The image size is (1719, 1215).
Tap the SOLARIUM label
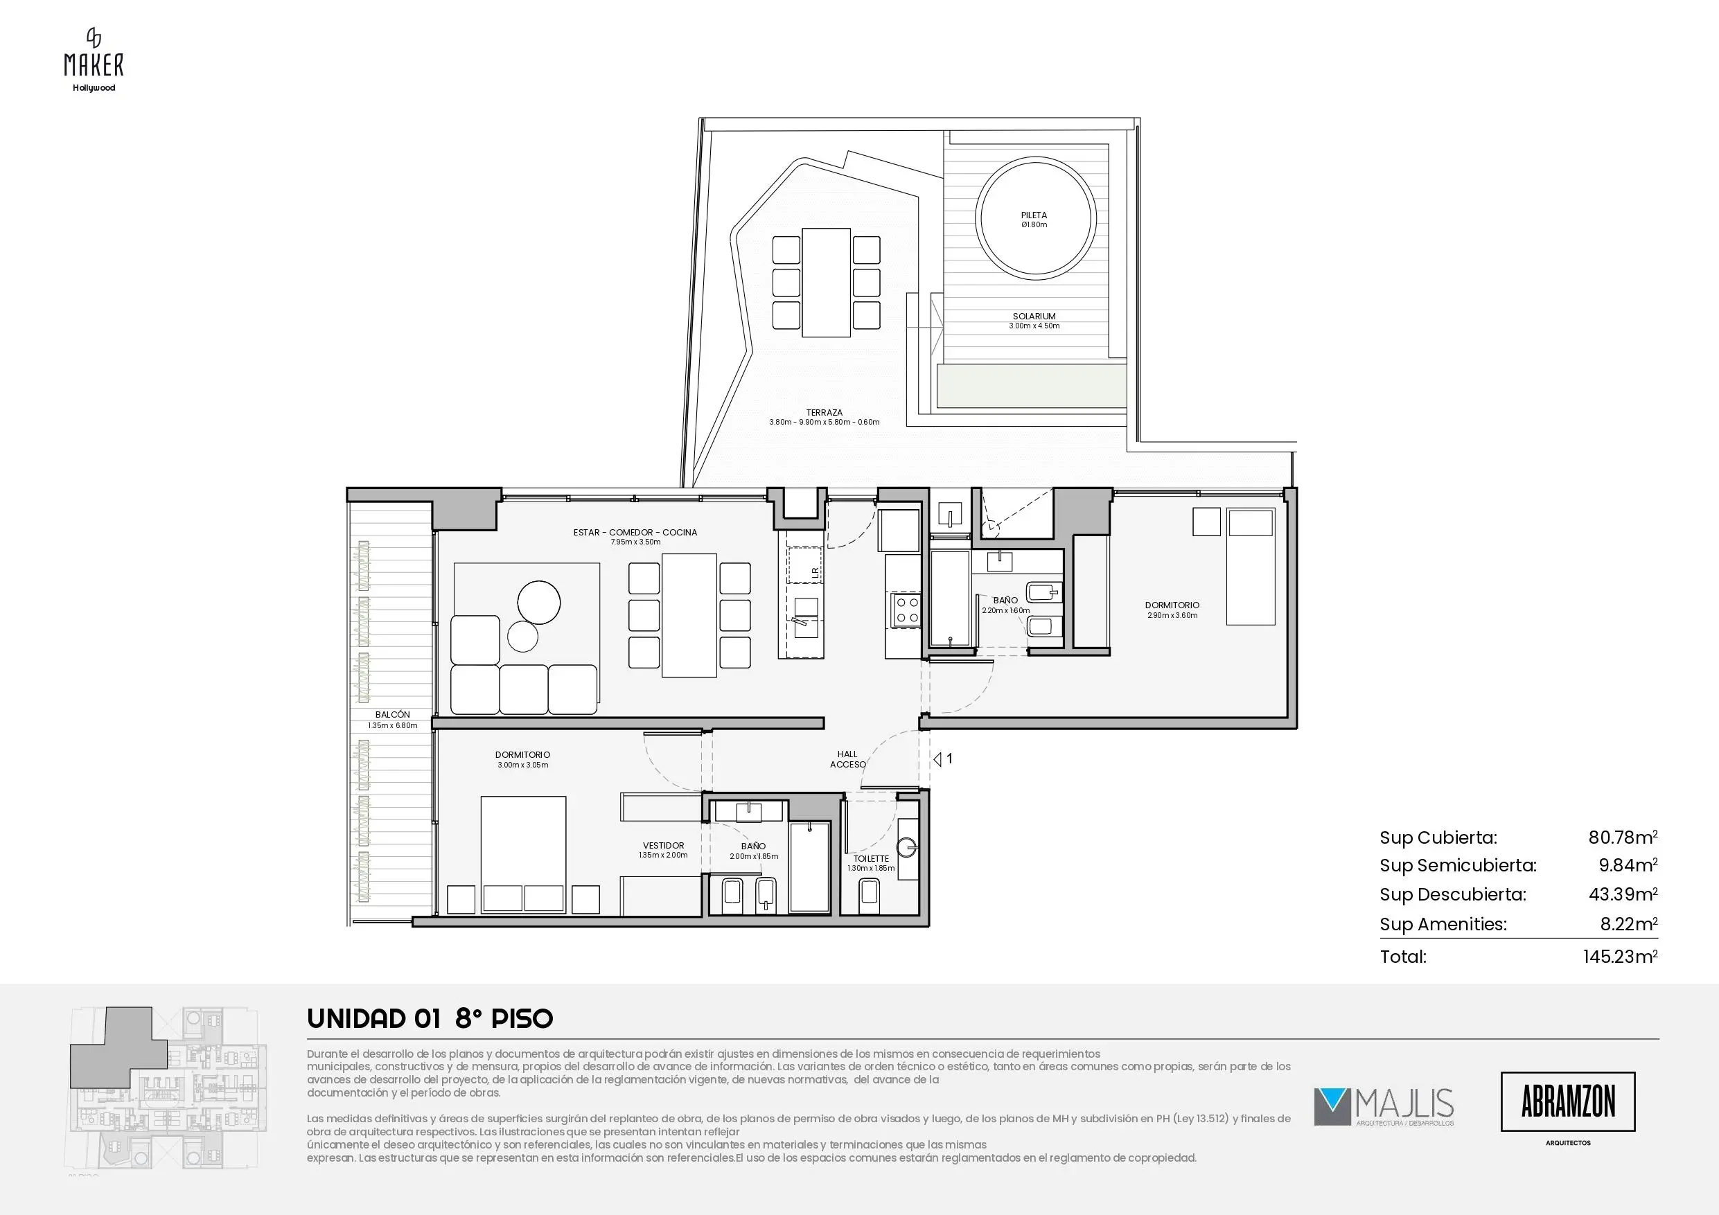(1034, 317)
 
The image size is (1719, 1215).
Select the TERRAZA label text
(825, 412)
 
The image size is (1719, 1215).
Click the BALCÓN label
(392, 715)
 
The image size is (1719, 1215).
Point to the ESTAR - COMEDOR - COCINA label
(635, 533)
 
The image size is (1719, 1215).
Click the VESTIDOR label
(663, 845)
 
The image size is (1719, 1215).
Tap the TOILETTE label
(871, 859)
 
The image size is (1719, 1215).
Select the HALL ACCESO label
(847, 759)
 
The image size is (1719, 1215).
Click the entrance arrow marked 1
(937, 759)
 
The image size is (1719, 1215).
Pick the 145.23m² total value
(1620, 956)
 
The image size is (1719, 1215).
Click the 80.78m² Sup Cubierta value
(1623, 837)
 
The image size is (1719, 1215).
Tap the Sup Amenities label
(1443, 925)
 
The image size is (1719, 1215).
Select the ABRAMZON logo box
(1568, 1102)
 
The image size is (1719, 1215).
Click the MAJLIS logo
(1384, 1107)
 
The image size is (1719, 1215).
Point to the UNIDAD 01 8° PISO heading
(430, 1019)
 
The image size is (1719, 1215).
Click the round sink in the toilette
(908, 847)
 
